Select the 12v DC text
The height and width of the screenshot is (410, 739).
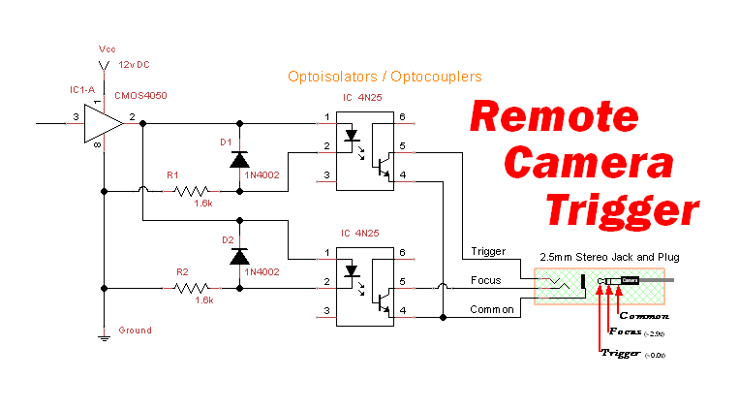point(135,64)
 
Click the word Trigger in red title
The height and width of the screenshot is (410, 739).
point(620,207)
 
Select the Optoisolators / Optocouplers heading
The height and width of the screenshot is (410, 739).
point(385,76)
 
